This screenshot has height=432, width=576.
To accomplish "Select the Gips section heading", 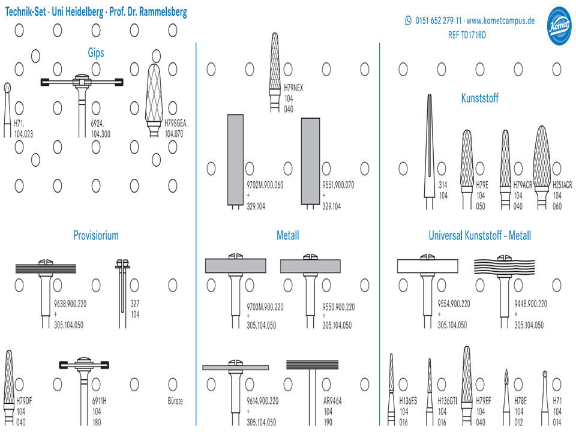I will coord(96,53).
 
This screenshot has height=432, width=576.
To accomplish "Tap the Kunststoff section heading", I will coord(479,98).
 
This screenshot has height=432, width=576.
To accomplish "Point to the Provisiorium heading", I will coord(96,235).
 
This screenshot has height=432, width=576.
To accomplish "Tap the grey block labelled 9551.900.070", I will coord(310,161).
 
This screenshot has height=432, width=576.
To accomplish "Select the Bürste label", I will coord(175,401).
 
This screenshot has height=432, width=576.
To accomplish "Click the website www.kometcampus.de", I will coord(500,20).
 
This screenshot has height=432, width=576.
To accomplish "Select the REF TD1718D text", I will coord(467,35).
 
